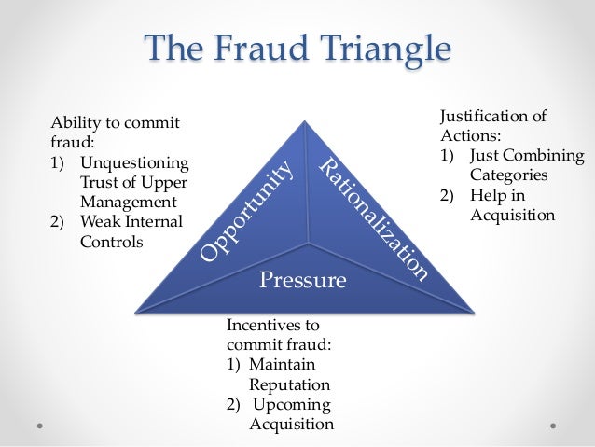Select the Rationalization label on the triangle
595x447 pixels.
[374, 220]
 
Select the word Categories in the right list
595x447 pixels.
[509, 175]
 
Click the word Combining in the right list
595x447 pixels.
[544, 155]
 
